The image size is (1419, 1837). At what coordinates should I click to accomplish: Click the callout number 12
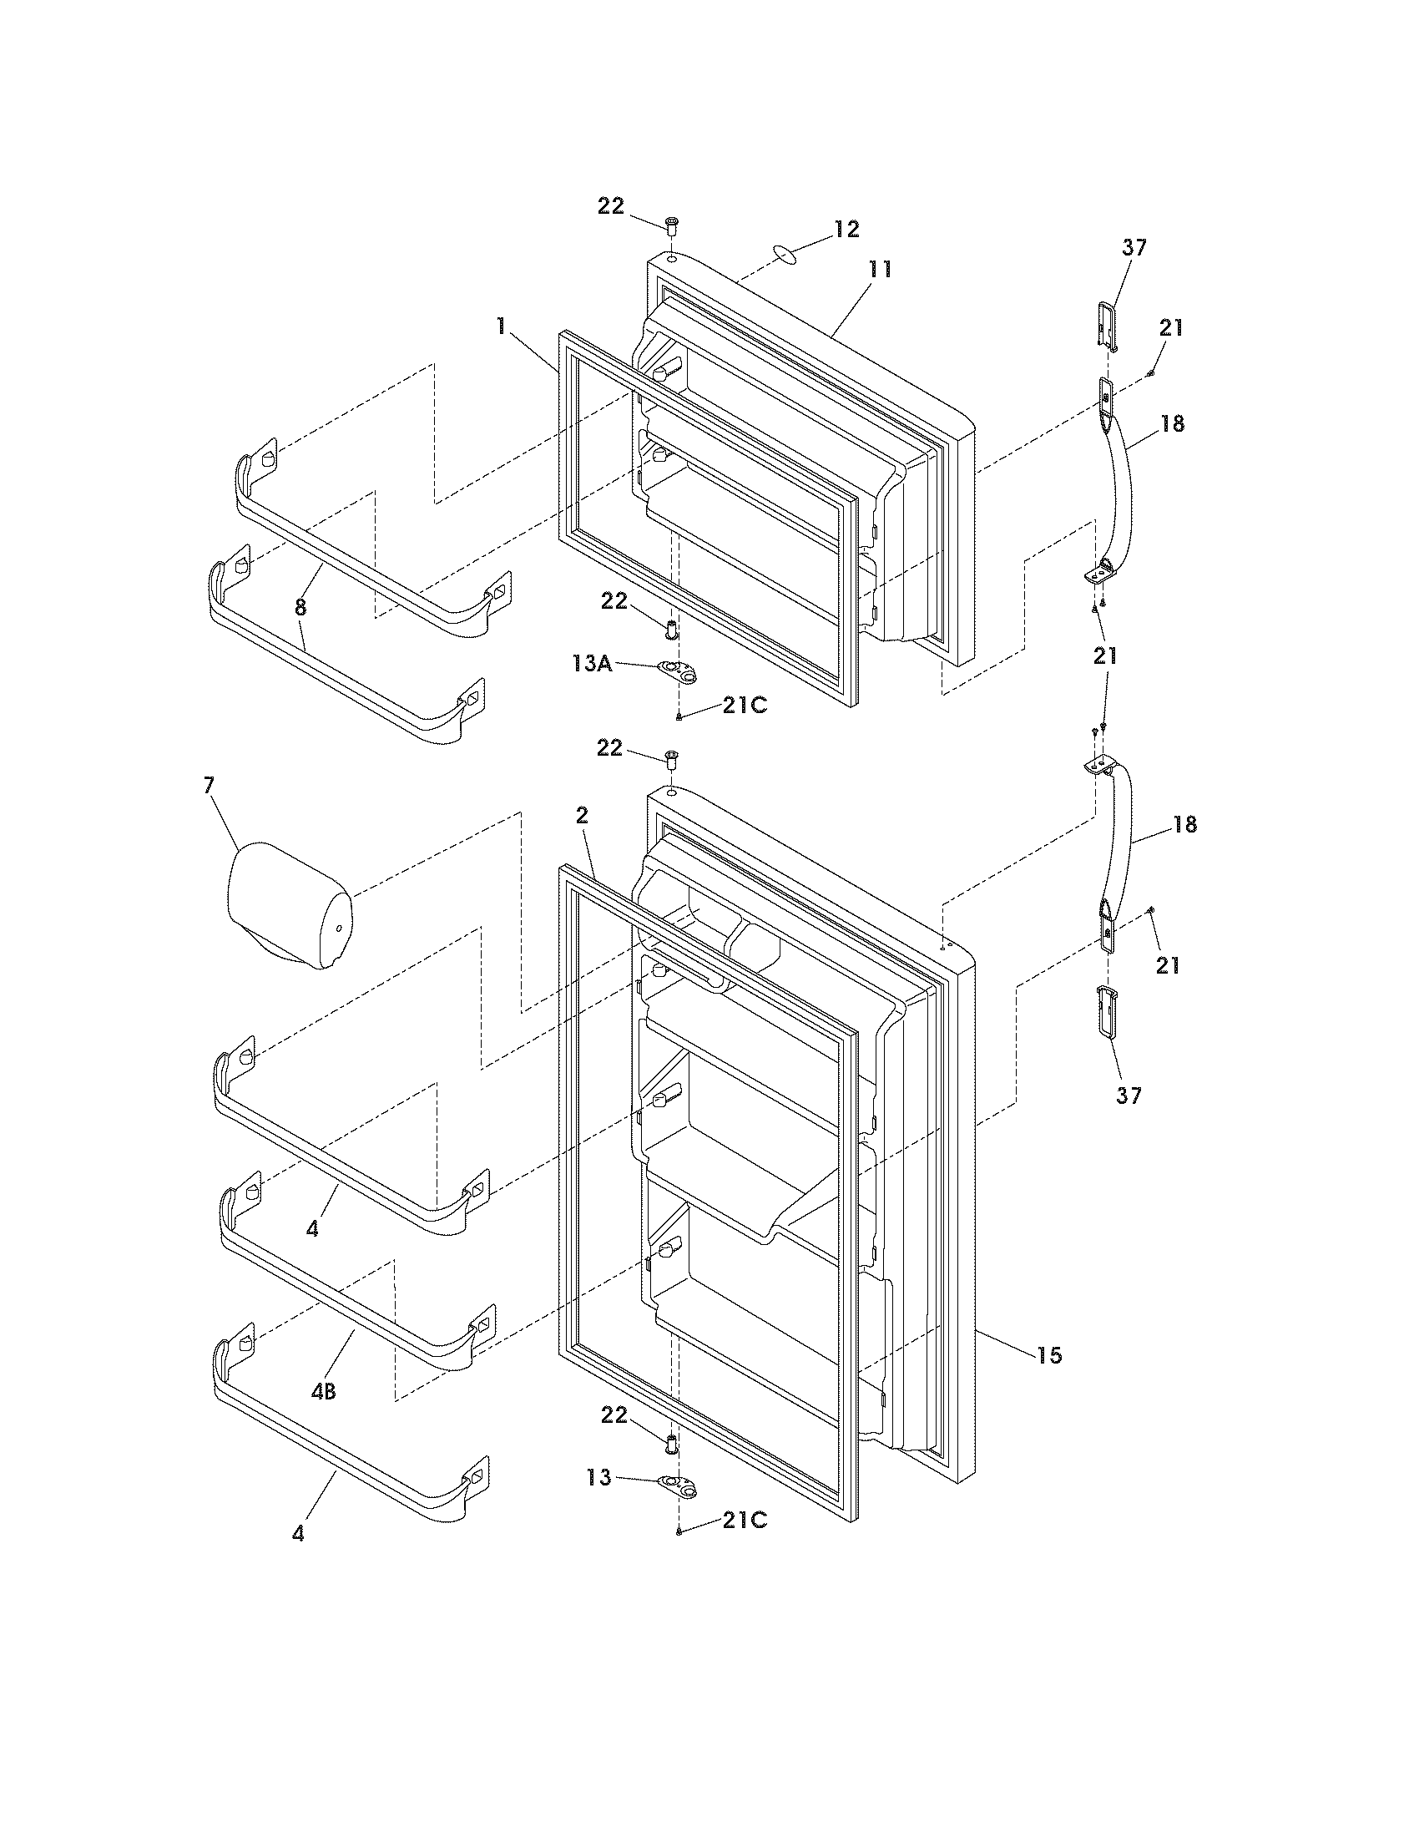[x=846, y=229]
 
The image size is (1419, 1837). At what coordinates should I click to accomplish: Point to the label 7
[x=209, y=785]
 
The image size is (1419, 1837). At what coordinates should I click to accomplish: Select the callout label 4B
[x=324, y=1392]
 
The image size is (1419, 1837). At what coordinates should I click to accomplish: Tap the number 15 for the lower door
[x=1049, y=1355]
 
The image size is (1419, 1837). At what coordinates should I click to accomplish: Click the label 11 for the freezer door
[x=880, y=270]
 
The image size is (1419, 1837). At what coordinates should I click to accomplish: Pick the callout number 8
[x=300, y=606]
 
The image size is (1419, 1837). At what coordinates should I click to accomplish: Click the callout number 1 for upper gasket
[x=502, y=326]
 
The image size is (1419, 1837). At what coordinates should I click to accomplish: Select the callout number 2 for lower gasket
[x=582, y=815]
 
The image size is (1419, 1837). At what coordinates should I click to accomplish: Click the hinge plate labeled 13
[x=679, y=1486]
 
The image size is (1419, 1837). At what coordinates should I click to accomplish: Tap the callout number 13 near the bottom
[x=600, y=1478]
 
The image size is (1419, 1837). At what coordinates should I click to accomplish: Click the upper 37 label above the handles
[x=1134, y=247]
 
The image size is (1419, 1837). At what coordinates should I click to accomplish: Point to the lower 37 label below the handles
[x=1129, y=1096]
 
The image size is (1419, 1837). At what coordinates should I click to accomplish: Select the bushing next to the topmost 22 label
[x=672, y=225]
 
